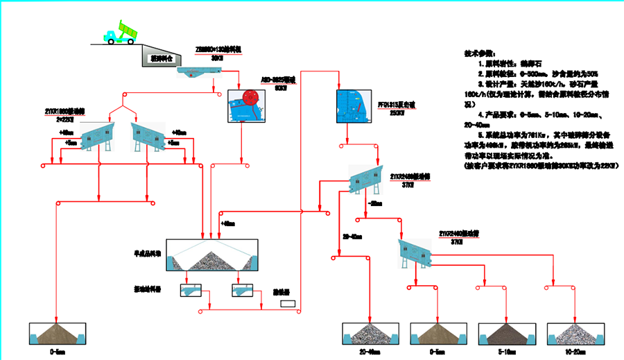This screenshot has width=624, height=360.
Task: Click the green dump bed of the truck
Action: click(128, 29)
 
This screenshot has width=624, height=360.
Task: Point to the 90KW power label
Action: click(281, 88)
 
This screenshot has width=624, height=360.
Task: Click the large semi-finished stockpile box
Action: click(215, 256)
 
